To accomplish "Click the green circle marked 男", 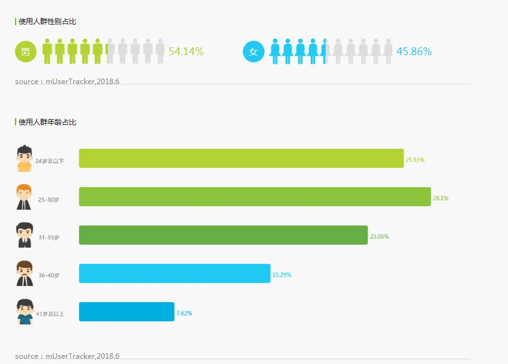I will (x=25, y=52).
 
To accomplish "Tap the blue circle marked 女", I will (x=253, y=52).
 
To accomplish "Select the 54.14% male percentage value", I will (x=186, y=52).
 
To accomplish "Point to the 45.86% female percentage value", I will (x=414, y=52).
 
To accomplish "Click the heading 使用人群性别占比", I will (x=47, y=22).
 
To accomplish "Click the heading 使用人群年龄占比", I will (x=47, y=122).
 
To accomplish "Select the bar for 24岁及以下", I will (x=241, y=158).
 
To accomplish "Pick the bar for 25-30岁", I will (x=255, y=197).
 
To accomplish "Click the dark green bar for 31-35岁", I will (x=223, y=235).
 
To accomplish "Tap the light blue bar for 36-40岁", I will (x=175, y=273).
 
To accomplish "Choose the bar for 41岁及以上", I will (x=127, y=312).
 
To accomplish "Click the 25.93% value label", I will (x=415, y=160).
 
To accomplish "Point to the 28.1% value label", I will (x=441, y=198).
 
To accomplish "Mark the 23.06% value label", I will (x=379, y=237).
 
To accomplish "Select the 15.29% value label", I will (x=282, y=275).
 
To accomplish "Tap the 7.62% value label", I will (x=184, y=314).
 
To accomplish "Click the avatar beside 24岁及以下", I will (x=24, y=158).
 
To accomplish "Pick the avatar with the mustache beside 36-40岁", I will (x=24, y=273).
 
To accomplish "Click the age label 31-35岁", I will (x=49, y=237).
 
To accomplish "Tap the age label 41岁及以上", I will (x=50, y=314).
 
